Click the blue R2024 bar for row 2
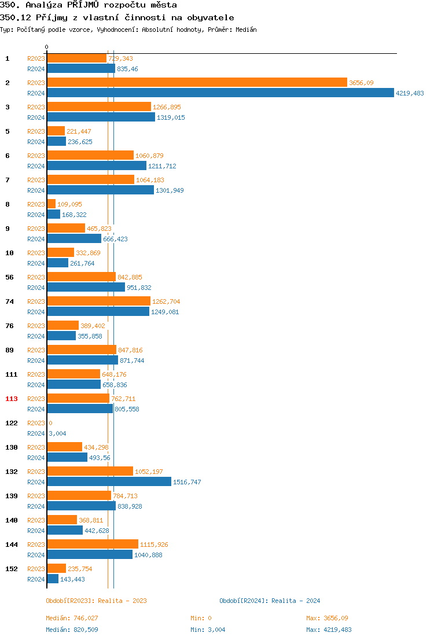220,93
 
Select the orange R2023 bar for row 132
90,472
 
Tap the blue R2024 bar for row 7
100,190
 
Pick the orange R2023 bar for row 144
93,545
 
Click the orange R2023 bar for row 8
51,204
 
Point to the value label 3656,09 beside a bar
362,83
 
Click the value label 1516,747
187,482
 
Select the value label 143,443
72,579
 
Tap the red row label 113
12,399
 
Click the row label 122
12,423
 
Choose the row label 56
10,277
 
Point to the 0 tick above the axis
47,47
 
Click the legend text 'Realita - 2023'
122,601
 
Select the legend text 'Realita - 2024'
296,601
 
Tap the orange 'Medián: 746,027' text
72,618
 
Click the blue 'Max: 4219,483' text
329,630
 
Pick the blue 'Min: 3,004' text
208,630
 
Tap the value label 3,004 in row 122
57,433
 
